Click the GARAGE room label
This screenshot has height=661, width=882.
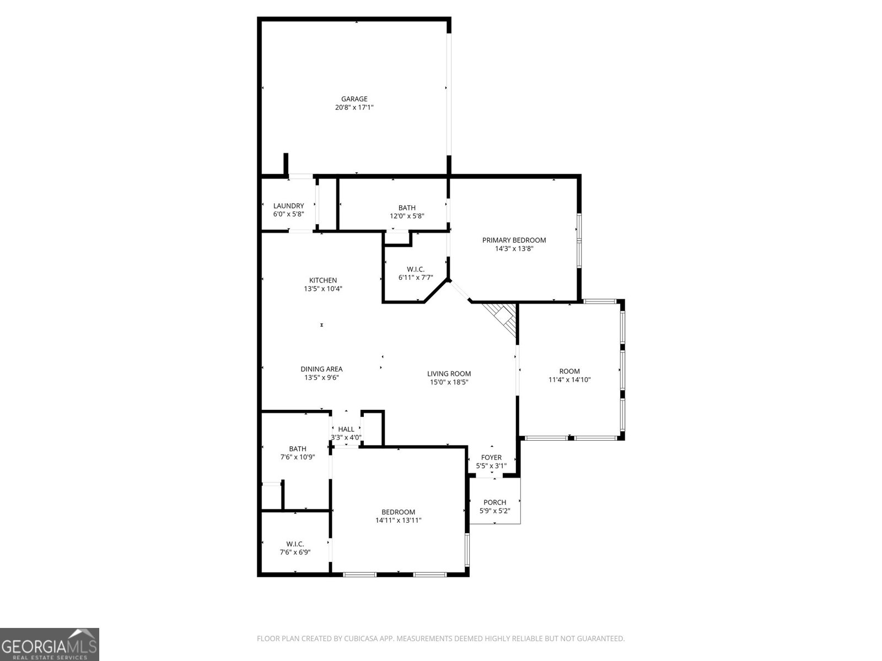pyautogui.click(x=354, y=99)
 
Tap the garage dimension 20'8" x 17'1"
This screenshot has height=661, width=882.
pyautogui.click(x=354, y=108)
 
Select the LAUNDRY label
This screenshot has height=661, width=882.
pyautogui.click(x=288, y=205)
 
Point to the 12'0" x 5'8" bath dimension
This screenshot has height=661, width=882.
pyautogui.click(x=407, y=216)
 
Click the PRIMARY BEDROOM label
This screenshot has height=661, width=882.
pyautogui.click(x=514, y=240)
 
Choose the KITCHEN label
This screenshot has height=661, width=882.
pyautogui.click(x=322, y=280)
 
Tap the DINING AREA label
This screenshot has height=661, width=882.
pyautogui.click(x=321, y=369)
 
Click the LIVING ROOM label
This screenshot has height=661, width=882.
pyautogui.click(x=449, y=373)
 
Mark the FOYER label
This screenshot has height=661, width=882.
pyautogui.click(x=491, y=457)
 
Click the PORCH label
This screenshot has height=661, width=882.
pyautogui.click(x=494, y=502)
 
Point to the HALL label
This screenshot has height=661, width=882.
pyautogui.click(x=346, y=429)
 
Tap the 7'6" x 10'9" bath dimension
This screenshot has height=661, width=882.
pyautogui.click(x=297, y=457)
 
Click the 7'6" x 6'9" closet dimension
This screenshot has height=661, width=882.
pyautogui.click(x=295, y=552)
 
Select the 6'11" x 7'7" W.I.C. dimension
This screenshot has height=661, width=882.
pyautogui.click(x=416, y=278)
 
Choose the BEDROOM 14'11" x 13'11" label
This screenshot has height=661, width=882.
pyautogui.click(x=398, y=512)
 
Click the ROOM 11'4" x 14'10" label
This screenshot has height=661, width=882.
pyautogui.click(x=569, y=371)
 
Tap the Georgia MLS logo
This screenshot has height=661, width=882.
pyautogui.click(x=50, y=644)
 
